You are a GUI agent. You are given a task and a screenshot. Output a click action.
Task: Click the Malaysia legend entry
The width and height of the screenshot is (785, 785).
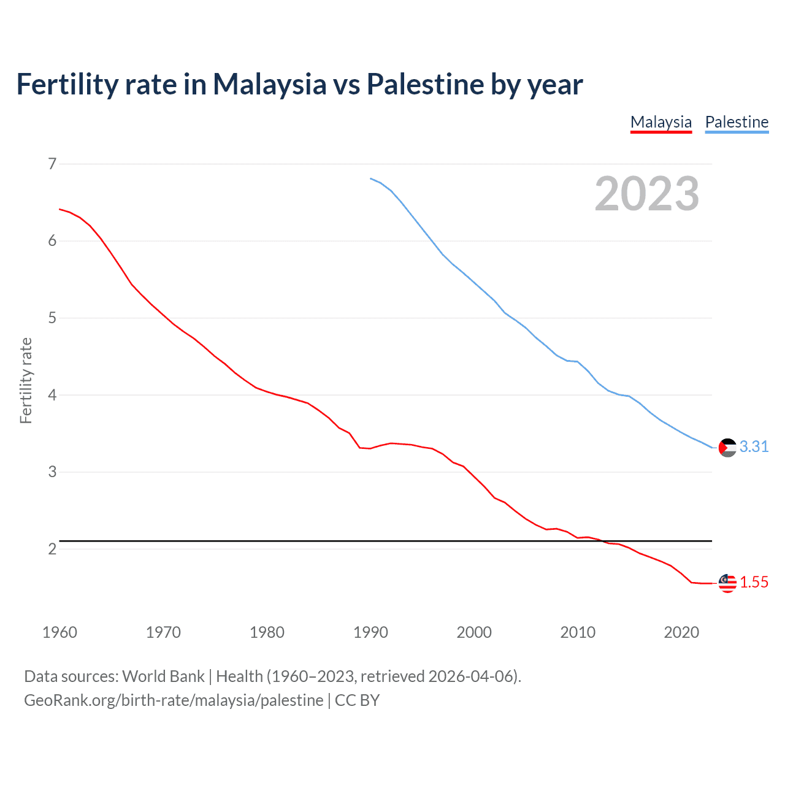661,122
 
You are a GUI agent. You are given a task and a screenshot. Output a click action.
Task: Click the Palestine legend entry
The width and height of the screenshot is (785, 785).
737,122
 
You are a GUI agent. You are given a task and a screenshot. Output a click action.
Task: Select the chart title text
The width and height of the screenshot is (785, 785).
299,84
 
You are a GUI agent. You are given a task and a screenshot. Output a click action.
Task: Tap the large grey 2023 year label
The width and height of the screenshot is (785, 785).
646,194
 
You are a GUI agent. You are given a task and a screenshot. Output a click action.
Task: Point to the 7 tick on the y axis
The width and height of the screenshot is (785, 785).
52,164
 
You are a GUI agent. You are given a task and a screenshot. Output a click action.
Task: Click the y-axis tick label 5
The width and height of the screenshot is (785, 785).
52,318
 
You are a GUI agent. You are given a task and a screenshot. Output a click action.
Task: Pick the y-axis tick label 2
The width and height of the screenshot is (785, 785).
52,549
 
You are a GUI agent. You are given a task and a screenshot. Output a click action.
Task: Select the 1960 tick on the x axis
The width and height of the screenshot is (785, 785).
59,632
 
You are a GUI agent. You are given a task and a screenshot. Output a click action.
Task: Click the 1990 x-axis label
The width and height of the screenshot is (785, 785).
370,632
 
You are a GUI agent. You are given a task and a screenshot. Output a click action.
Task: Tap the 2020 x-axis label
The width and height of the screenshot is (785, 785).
681,632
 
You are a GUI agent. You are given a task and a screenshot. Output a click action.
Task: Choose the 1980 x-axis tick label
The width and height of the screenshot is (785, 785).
267,632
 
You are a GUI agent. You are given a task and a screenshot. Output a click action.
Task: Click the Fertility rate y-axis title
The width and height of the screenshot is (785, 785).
26,380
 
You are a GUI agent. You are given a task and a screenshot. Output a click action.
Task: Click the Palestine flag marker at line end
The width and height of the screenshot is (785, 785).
727,448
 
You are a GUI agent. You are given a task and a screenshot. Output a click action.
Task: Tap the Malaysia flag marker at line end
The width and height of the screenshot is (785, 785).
727,583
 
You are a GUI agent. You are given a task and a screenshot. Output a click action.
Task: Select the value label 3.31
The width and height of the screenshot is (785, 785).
754,447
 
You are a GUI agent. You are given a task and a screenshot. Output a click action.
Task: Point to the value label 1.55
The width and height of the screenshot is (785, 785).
754,583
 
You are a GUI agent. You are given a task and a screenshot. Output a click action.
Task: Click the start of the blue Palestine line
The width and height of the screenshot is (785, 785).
371,178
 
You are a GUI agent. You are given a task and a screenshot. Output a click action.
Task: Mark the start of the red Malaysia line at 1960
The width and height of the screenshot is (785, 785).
60,209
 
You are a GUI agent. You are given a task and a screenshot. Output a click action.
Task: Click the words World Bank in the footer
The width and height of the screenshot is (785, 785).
163,676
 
